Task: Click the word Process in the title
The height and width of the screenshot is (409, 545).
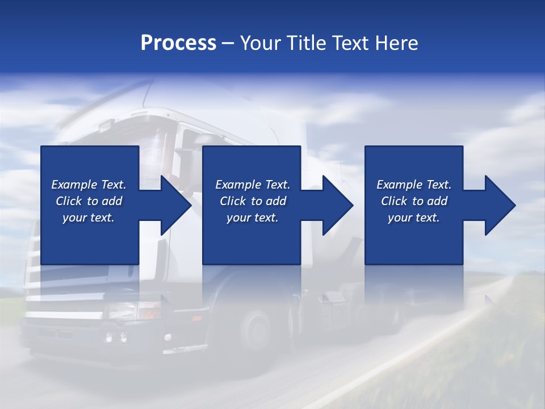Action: (178, 43)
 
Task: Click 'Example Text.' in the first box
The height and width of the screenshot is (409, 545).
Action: (89, 185)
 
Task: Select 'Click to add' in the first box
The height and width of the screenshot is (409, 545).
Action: (89, 201)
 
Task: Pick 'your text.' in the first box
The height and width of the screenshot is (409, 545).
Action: (89, 218)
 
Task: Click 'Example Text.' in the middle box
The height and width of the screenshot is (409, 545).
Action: (253, 185)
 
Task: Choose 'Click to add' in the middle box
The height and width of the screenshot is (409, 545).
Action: (253, 201)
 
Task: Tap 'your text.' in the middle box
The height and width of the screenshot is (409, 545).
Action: (253, 218)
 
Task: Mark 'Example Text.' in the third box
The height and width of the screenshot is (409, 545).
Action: (414, 185)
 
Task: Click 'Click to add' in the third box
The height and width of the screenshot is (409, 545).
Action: (414, 201)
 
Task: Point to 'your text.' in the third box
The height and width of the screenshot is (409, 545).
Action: (414, 218)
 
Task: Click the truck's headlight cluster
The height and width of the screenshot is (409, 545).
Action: (115, 337)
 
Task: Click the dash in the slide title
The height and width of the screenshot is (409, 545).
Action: (228, 44)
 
